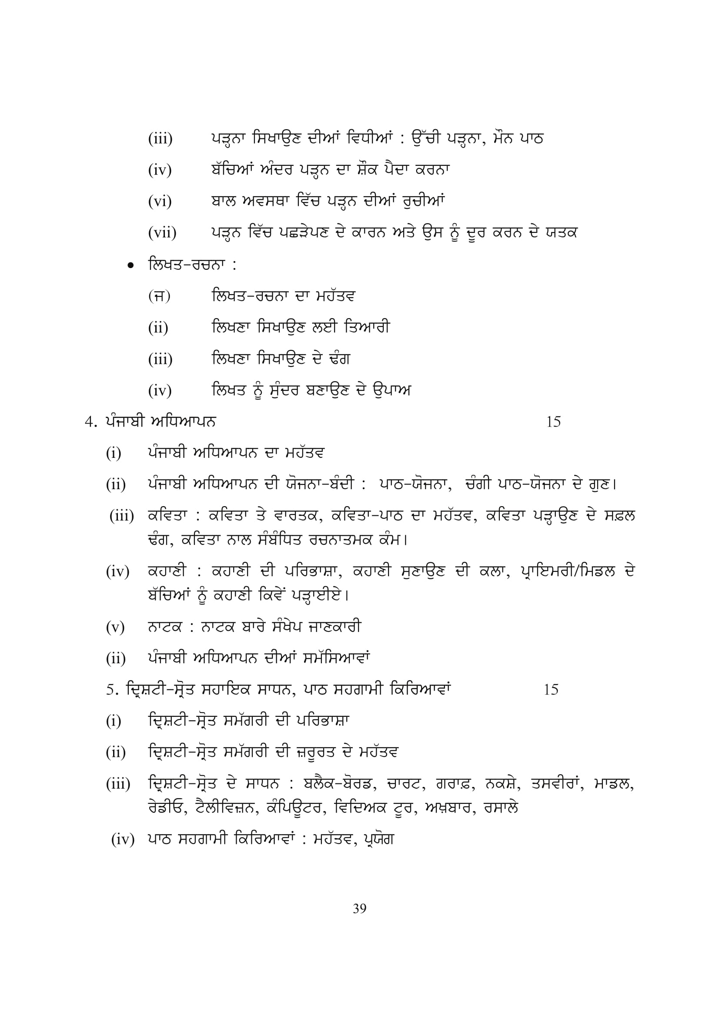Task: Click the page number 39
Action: point(359,908)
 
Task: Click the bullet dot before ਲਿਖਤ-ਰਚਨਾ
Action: point(130,265)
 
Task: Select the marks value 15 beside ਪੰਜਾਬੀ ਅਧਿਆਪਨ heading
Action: point(553,422)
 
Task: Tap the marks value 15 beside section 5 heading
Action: point(551,689)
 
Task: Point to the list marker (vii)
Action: point(162,232)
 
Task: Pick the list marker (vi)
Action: point(160,202)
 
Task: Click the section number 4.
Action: point(90,422)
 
